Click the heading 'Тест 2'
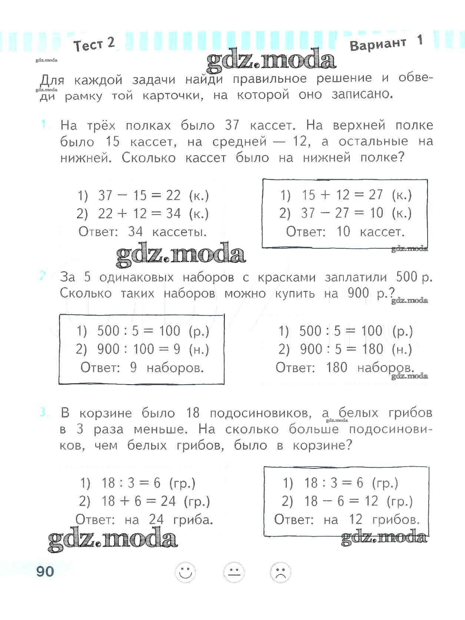pos(94,45)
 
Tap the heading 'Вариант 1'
pos(386,44)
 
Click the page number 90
pos(45,571)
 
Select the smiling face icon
pos(185,573)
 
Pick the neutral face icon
pos(233,573)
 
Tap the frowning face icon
pos(280,573)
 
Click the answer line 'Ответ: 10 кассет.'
pos(345,232)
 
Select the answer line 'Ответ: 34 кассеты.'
pos(143,232)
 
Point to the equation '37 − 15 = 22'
pos(139,195)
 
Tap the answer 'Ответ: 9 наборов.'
pos(142,368)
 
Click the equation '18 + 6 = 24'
pos(138,501)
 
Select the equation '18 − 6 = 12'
pos(341,501)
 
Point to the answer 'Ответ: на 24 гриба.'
pos(144,520)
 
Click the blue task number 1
pos(44,125)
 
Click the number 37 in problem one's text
pos(232,126)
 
